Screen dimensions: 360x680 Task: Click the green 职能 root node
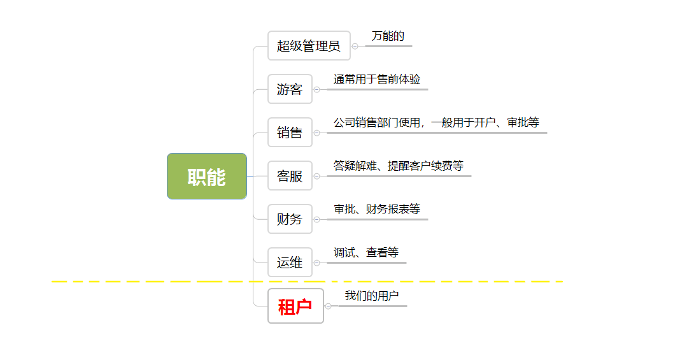[206, 176]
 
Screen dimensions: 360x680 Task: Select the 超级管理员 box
[309, 46]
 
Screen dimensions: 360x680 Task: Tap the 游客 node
[290, 89]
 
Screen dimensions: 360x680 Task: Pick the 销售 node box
[290, 133]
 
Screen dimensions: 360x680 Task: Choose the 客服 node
[290, 176]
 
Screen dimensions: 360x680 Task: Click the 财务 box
[290, 219]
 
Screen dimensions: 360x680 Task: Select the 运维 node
[290, 263]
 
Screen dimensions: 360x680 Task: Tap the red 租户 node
[295, 306]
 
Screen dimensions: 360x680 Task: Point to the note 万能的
[388, 36]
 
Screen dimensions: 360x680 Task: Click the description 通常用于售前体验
[377, 80]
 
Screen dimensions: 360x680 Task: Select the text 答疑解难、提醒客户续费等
[399, 166]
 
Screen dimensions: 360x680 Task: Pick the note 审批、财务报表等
[377, 210]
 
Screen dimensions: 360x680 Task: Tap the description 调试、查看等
[366, 253]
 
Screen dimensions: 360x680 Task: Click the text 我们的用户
[372, 296]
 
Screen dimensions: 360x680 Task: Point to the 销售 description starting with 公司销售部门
[436, 123]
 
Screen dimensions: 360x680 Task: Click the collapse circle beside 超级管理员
[355, 46]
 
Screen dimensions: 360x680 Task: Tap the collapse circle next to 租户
[329, 306]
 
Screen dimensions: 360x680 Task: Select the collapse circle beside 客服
[317, 176]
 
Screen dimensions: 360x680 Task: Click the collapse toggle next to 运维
[317, 263]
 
